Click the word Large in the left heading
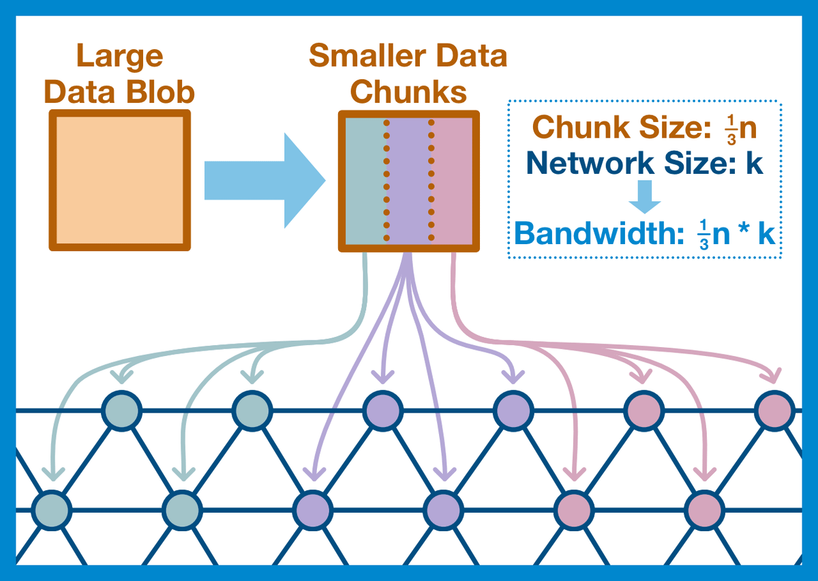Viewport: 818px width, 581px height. (119, 56)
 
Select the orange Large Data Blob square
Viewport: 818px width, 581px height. (119, 180)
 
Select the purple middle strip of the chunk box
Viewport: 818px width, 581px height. (409, 180)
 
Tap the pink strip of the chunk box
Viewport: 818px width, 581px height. (452, 180)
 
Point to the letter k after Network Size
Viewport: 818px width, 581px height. (754, 164)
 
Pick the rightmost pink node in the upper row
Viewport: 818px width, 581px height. (774, 410)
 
